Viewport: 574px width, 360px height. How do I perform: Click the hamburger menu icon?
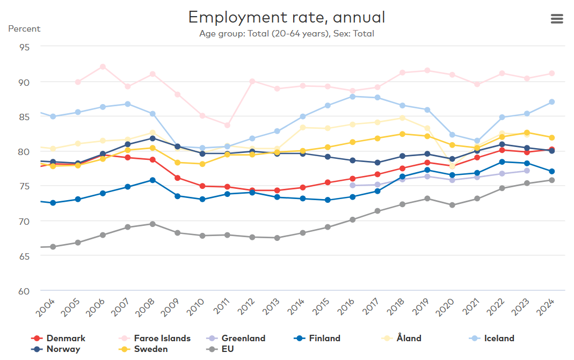(557, 19)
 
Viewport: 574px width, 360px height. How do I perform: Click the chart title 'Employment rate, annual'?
(287, 18)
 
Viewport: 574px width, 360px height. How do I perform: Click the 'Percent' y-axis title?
(24, 28)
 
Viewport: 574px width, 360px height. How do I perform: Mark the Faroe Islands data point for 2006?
(103, 67)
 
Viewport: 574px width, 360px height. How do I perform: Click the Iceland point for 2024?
(551, 102)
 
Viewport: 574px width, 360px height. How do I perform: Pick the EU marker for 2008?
(152, 224)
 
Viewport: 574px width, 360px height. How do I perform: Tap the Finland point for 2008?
(152, 180)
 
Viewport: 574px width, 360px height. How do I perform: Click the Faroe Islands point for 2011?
(227, 126)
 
